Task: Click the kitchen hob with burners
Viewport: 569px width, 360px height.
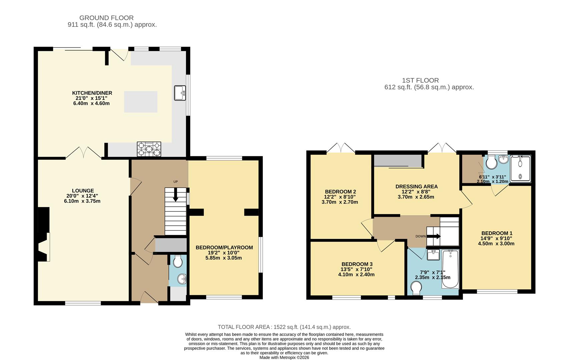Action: pyautogui.click(x=149, y=149)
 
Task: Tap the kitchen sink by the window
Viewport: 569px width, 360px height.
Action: pyautogui.click(x=180, y=93)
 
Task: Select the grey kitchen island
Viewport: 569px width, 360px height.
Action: pyautogui.click(x=141, y=102)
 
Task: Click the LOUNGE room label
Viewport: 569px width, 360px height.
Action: pyautogui.click(x=83, y=191)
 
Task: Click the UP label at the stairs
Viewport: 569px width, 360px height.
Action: pyautogui.click(x=175, y=182)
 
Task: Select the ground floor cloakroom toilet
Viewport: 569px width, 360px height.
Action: pyautogui.click(x=178, y=261)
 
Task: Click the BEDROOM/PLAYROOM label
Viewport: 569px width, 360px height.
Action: pyautogui.click(x=224, y=247)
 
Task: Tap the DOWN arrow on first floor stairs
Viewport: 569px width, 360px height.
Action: pyautogui.click(x=434, y=236)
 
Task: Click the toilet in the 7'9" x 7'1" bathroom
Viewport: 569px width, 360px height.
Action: pyautogui.click(x=416, y=288)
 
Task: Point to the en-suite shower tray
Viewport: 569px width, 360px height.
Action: pyautogui.click(x=520, y=169)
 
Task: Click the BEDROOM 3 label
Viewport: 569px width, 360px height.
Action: pyautogui.click(x=357, y=264)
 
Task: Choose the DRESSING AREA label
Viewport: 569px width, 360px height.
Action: pyautogui.click(x=416, y=186)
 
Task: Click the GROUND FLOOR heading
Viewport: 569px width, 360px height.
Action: pyautogui.click(x=106, y=18)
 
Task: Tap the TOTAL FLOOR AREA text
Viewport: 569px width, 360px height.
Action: pyautogui.click(x=284, y=327)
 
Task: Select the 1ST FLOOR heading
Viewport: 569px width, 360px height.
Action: pyautogui.click(x=420, y=80)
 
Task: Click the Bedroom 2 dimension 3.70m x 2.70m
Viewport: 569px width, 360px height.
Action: pyautogui.click(x=340, y=202)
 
